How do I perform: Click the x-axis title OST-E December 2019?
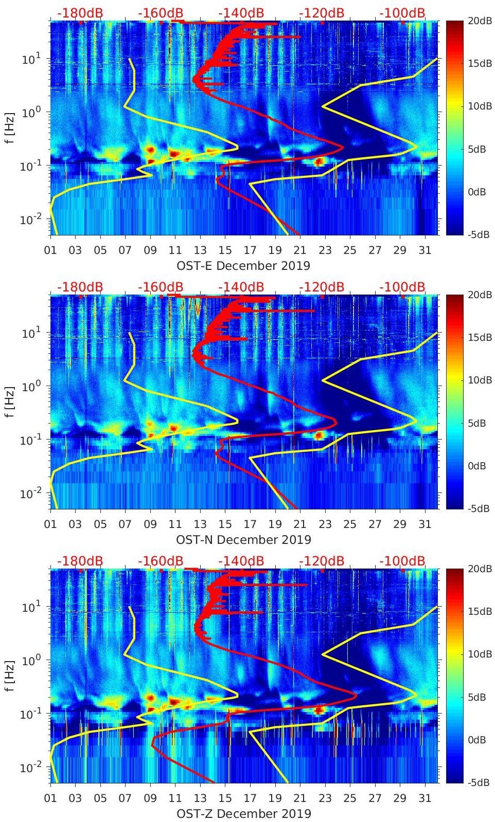pos(243,266)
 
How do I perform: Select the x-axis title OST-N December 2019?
pos(243,540)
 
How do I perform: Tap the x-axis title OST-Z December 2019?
pos(243,814)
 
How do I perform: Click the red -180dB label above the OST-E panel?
pos(80,13)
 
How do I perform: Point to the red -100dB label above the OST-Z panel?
pos(402,561)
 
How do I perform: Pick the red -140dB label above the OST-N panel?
pos(241,287)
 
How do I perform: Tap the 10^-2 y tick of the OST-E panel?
pos(30,220)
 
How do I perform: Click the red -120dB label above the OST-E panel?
pos(322,13)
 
